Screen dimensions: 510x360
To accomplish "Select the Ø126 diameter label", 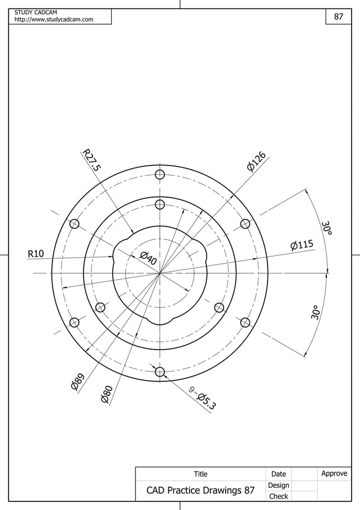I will [x=256, y=160].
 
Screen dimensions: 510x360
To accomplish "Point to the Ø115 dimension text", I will [x=301, y=245].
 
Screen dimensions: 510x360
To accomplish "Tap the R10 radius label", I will [x=36, y=254].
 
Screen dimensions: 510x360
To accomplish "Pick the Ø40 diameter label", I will [x=147, y=259].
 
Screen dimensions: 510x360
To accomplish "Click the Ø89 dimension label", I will [x=78, y=382].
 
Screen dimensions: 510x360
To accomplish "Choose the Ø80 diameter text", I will [x=107, y=393].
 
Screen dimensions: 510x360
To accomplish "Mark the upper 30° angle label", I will [x=327, y=228].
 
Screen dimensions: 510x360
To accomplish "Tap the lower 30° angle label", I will [x=315, y=313].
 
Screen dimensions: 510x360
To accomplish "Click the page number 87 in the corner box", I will [x=339, y=16].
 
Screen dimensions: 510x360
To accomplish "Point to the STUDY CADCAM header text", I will [x=32, y=12].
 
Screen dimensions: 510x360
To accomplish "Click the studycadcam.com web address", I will [x=54, y=20].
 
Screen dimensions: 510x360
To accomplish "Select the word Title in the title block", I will [x=200, y=474].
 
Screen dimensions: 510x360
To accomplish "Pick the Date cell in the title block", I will [x=279, y=474].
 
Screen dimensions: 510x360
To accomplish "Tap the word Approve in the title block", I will [x=334, y=473].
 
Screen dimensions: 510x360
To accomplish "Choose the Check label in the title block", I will [x=279, y=496].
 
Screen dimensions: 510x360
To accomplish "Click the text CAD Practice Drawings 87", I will [x=200, y=490].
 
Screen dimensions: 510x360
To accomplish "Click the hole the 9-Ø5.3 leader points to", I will [x=160, y=372].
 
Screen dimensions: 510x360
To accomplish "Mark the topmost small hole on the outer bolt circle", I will [x=160, y=174].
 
